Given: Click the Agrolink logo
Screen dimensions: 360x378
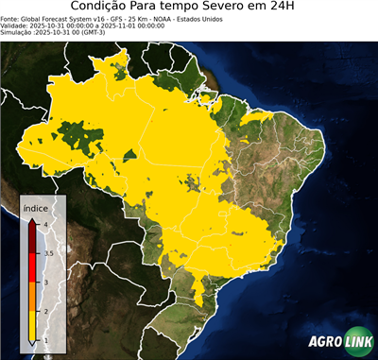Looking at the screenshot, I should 338,342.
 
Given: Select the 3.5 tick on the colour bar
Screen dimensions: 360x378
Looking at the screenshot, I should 47,253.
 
